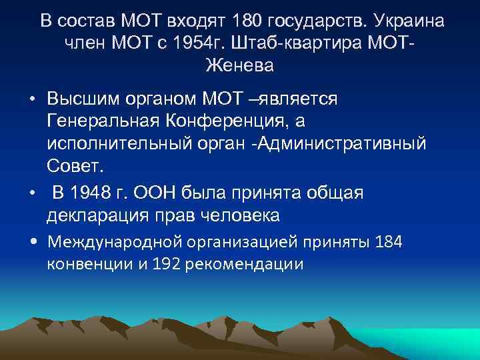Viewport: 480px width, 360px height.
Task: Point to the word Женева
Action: pyautogui.click(x=240, y=66)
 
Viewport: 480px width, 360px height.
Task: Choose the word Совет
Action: pyautogui.click(x=72, y=167)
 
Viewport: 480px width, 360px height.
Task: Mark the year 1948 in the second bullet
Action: pyautogui.click(x=83, y=193)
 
